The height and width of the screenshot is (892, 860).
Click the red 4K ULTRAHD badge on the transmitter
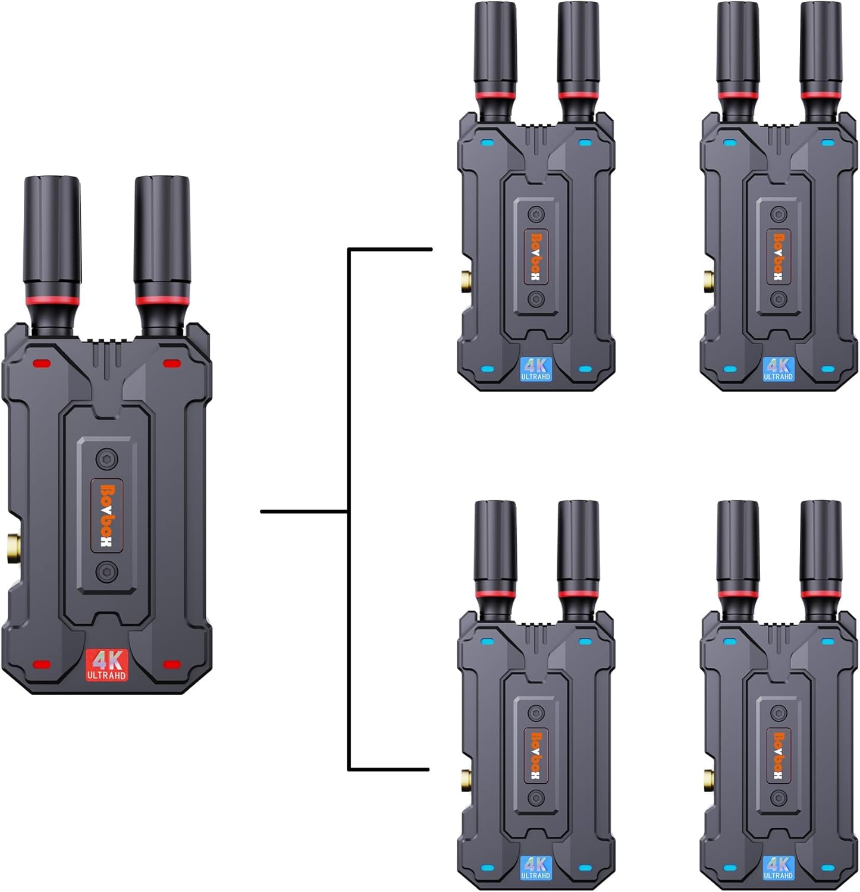point(107,664)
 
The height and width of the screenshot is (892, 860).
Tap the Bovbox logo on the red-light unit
point(108,516)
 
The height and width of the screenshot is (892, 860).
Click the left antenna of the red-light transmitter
point(51,238)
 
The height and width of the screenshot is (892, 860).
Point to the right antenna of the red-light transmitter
point(162,238)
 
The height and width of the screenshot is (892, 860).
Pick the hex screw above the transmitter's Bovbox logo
point(108,458)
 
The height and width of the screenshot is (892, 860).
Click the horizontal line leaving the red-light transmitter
point(304,511)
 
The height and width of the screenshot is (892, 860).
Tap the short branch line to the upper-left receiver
point(390,249)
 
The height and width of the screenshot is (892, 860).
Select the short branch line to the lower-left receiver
point(389,769)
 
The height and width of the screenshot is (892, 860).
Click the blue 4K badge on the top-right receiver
point(778,369)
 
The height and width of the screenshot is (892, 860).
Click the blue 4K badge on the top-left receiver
point(536,369)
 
